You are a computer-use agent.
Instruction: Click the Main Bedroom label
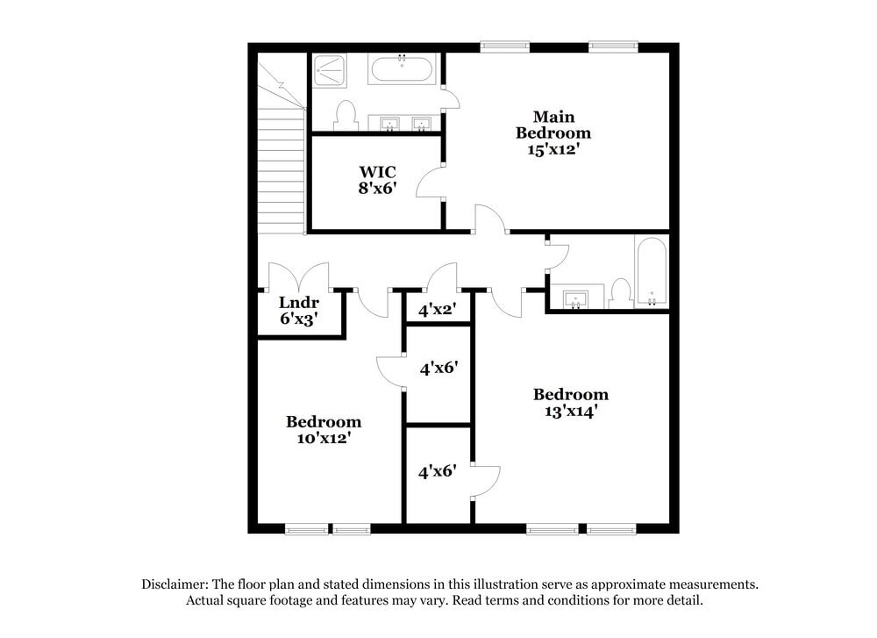(553, 125)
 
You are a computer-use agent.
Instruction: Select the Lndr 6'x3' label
(297, 312)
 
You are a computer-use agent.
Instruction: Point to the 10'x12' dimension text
(324, 437)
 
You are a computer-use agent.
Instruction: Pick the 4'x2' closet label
(437, 310)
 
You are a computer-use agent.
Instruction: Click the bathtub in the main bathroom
(401, 69)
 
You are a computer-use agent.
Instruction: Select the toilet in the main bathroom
(345, 115)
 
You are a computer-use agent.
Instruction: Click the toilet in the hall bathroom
(621, 293)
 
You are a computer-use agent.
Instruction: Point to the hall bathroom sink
(576, 298)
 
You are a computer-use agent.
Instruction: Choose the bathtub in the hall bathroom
(651, 271)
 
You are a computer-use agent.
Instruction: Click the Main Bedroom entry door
(491, 219)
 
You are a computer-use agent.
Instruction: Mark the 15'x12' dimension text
(553, 149)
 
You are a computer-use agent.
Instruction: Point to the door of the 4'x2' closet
(441, 276)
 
